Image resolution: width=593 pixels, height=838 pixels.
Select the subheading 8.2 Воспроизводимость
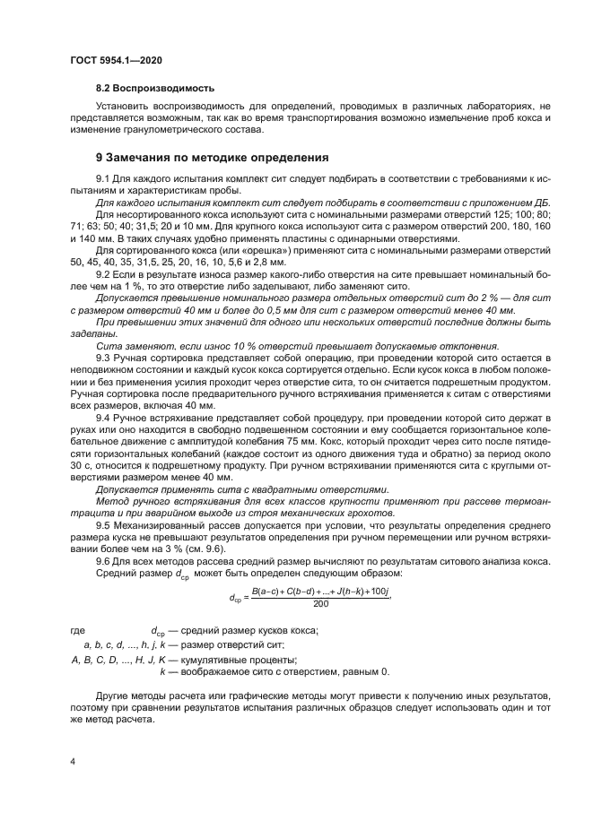(155, 89)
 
